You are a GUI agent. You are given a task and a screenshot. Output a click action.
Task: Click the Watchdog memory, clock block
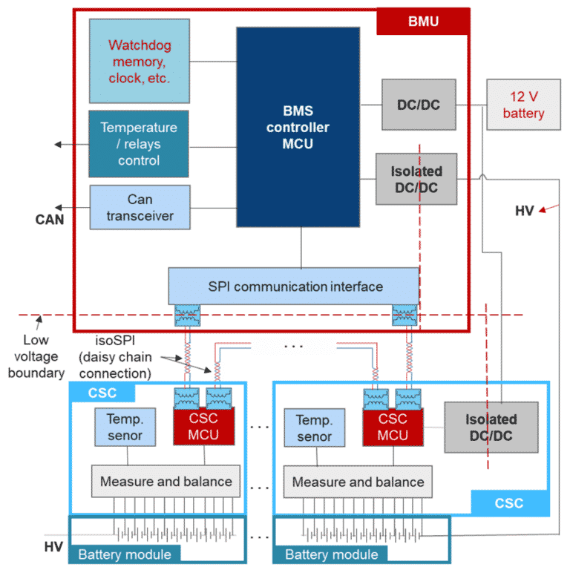click(140, 61)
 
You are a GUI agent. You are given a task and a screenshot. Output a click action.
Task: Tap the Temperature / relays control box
click(140, 143)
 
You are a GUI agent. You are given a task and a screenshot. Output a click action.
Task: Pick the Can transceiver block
click(140, 207)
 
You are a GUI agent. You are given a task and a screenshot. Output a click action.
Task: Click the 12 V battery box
click(523, 105)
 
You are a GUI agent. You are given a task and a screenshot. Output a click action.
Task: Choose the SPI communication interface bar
click(295, 286)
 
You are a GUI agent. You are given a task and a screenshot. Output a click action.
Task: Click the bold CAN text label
click(49, 220)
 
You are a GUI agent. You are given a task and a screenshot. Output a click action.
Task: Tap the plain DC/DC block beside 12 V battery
click(418, 105)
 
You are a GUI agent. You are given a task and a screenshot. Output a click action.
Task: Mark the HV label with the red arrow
click(525, 211)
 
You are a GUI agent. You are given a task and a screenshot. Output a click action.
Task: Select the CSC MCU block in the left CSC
click(204, 426)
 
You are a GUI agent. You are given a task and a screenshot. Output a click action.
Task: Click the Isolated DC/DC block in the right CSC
click(491, 428)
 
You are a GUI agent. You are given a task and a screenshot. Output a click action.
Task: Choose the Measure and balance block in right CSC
click(358, 482)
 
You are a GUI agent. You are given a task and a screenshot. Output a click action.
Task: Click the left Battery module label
click(125, 554)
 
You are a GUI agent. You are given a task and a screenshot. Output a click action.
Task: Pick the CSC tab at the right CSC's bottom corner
click(510, 503)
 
